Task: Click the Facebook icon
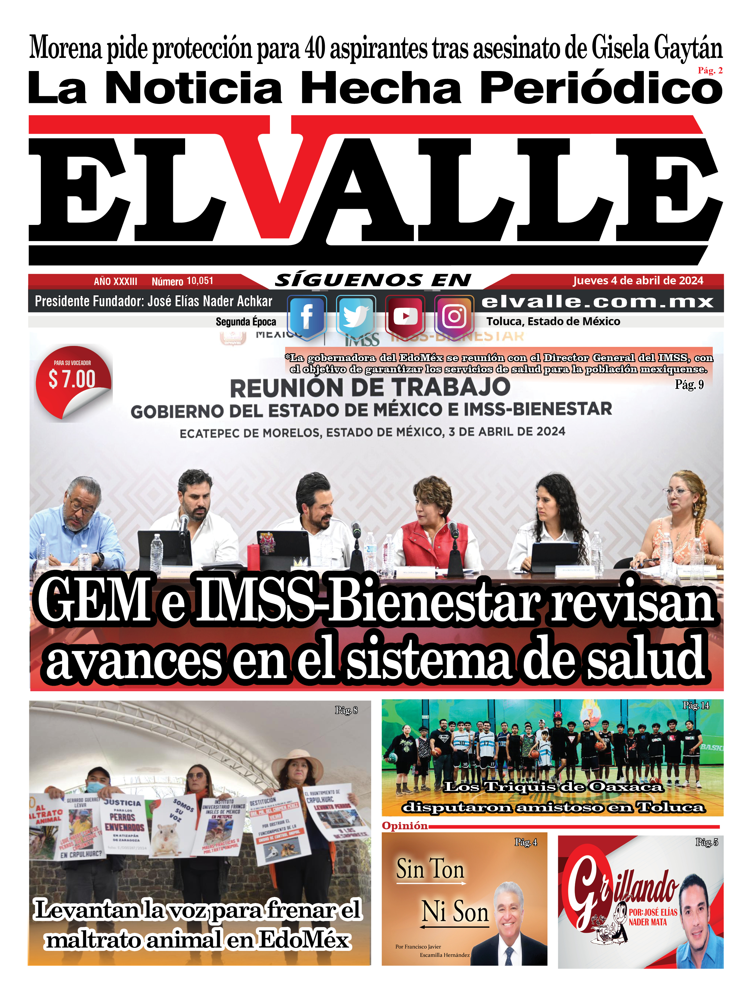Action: coord(307,316)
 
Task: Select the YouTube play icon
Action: coord(405,316)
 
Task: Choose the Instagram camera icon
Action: coord(454,316)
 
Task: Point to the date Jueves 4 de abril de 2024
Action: coord(638,281)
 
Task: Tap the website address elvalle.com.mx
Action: coord(597,301)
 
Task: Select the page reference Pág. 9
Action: coord(689,385)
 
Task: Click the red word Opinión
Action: coord(405,826)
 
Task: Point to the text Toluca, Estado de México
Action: coord(553,322)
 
